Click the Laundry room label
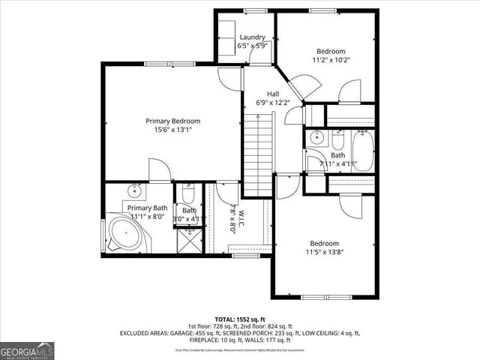tap(253, 37)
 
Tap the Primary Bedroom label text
tap(173, 121)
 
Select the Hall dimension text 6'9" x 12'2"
tap(262, 103)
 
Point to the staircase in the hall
tap(259, 150)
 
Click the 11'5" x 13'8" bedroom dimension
tap(325, 253)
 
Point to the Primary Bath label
tap(147, 208)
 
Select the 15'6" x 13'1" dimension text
tap(173, 129)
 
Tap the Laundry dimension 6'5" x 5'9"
tap(253, 46)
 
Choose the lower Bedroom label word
tap(325, 244)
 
